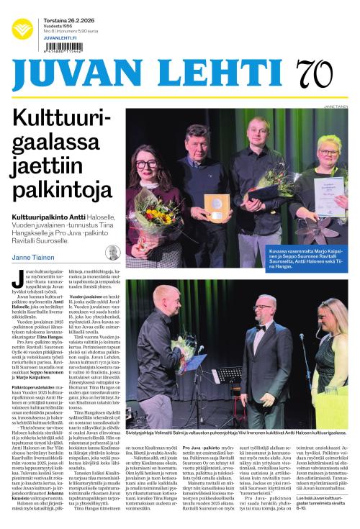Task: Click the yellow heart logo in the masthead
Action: pos(22,28)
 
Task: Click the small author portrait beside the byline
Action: pos(112,252)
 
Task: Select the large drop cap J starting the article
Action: pos(16,276)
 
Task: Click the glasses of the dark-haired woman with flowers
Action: pos(146,164)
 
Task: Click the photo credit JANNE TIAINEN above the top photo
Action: pos(334,105)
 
